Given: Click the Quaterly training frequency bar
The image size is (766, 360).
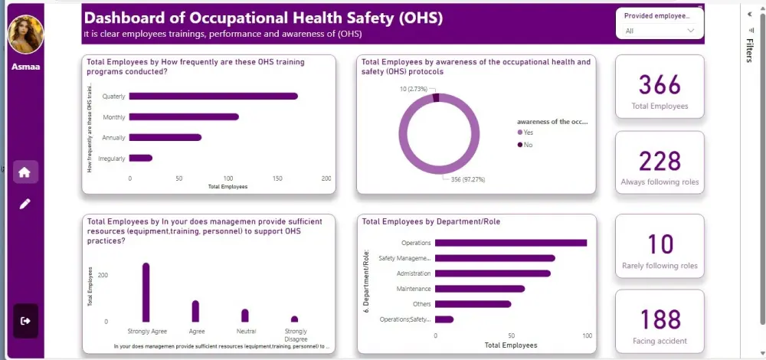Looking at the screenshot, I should coord(213,96).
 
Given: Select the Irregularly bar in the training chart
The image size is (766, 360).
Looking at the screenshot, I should coord(141,158).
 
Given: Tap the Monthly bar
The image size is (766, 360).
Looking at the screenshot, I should coord(184,116).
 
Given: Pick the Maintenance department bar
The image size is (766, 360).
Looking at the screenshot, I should coord(480,289).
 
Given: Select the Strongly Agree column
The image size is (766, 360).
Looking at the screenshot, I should coord(146,293).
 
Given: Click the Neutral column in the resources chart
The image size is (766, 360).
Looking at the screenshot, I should coord(245,315).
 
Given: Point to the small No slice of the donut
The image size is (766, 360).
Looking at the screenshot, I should coord(436,97).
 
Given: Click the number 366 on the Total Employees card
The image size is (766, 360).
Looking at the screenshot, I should coord(660,84).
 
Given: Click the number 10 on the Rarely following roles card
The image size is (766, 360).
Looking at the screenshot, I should coord(660,244).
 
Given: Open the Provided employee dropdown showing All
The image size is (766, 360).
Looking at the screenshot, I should coord(660,31).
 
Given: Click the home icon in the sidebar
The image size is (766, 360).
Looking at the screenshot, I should coord(25,172).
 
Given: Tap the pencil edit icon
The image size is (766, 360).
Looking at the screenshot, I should coord(25,204).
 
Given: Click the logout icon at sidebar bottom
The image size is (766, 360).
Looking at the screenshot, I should coord(25,320).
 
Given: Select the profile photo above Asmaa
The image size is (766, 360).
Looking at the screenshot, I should coord(25,34).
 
